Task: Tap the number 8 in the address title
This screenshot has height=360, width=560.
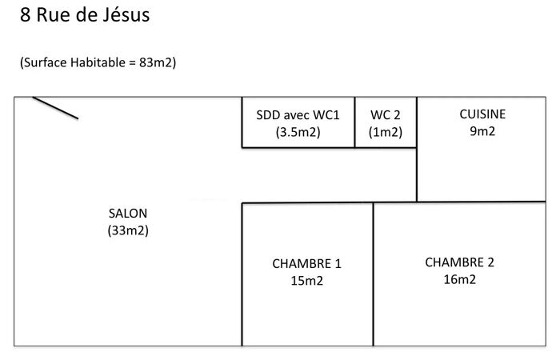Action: click(x=25, y=15)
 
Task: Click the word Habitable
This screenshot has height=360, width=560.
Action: click(x=98, y=62)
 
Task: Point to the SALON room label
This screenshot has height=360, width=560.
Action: click(x=128, y=214)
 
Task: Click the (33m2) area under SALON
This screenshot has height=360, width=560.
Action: click(x=128, y=230)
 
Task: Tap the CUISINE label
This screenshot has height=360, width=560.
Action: click(x=482, y=114)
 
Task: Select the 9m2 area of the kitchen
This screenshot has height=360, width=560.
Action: click(x=482, y=131)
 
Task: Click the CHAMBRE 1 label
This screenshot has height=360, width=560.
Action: click(x=306, y=263)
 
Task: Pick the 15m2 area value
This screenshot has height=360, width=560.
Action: click(x=306, y=281)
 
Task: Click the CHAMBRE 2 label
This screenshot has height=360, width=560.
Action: click(x=460, y=262)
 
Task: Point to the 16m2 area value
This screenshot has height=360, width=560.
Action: click(x=460, y=279)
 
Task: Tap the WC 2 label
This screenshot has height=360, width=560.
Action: click(x=386, y=115)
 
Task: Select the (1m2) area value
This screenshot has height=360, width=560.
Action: click(x=386, y=132)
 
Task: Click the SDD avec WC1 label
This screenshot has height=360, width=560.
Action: click(x=298, y=115)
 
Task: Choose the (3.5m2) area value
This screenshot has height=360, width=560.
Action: click(x=298, y=132)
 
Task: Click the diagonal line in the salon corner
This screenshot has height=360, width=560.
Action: click(x=55, y=107)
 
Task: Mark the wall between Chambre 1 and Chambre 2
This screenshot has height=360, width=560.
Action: click(x=374, y=274)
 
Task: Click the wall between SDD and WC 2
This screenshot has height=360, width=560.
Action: click(x=354, y=122)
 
